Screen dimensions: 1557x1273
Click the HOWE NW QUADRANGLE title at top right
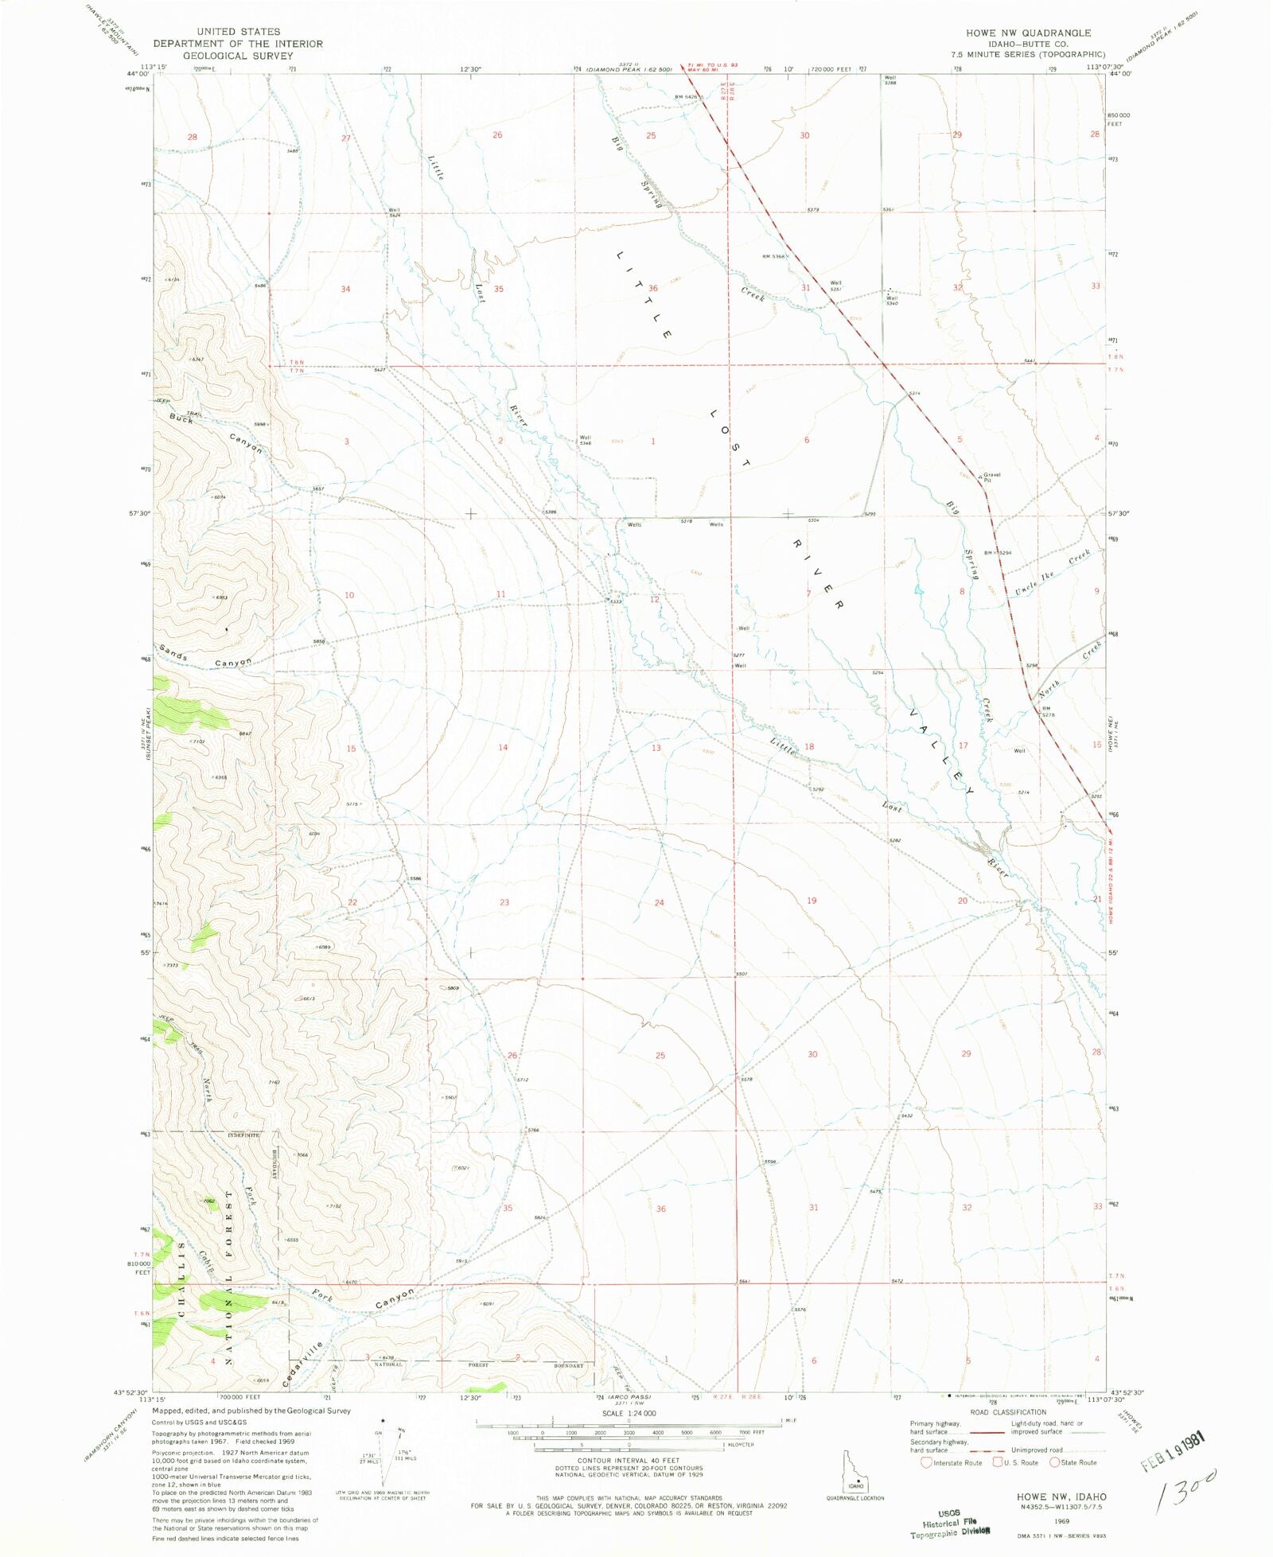click(x=1028, y=33)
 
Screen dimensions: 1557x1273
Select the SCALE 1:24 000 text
click(x=629, y=1413)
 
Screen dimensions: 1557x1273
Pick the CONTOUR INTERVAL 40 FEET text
click(x=629, y=1461)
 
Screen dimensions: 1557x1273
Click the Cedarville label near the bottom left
click(x=304, y=1364)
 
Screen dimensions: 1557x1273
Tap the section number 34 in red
click(x=345, y=289)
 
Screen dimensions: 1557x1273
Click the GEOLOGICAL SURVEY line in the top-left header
click(x=238, y=56)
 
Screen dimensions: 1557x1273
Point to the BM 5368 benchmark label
click(x=773, y=256)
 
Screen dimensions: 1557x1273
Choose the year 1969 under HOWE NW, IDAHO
click(x=1061, y=1519)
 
